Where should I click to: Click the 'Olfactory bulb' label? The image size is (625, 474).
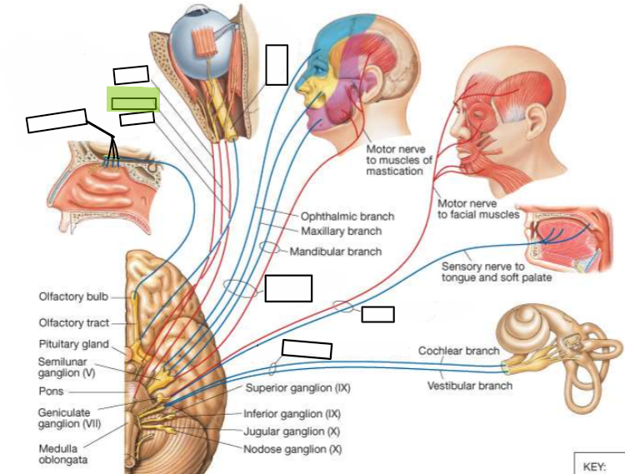point(73,297)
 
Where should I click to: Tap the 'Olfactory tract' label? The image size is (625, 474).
point(73,322)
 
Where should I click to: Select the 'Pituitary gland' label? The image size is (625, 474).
point(73,344)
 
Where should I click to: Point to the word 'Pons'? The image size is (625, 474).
point(51,392)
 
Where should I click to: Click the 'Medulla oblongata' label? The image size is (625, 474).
point(63,454)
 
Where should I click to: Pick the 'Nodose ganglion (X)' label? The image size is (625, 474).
point(292,449)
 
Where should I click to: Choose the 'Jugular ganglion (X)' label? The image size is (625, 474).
point(292,432)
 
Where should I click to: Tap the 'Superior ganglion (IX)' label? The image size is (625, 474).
point(297,387)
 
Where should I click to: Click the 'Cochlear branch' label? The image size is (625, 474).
point(459,351)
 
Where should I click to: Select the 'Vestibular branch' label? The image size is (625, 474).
point(470,386)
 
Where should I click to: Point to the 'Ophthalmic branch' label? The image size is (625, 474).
point(347,217)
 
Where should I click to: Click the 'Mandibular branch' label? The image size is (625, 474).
point(336,252)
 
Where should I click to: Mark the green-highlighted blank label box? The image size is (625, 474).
point(133,100)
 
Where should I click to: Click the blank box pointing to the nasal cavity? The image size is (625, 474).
point(56,120)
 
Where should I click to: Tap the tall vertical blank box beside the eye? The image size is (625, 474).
point(277,65)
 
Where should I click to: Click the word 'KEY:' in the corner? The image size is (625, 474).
point(594,467)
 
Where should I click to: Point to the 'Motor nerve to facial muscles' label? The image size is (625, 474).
point(478,209)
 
